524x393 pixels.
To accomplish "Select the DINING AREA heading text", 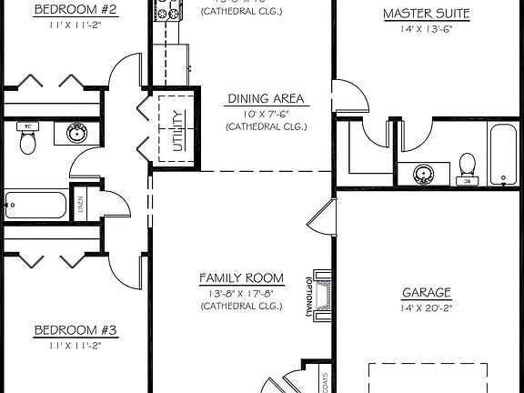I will click(x=266, y=98).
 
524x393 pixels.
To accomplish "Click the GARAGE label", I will click(x=427, y=293).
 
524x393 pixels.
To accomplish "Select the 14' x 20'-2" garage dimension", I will click(x=427, y=307).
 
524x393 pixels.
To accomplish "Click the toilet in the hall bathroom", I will click(x=27, y=140).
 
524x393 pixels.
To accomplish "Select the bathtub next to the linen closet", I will click(x=35, y=203).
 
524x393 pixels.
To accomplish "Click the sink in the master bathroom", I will click(x=423, y=173).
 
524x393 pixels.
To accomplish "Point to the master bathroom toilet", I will click(x=469, y=166).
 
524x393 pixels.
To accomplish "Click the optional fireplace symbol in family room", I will click(x=320, y=293).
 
